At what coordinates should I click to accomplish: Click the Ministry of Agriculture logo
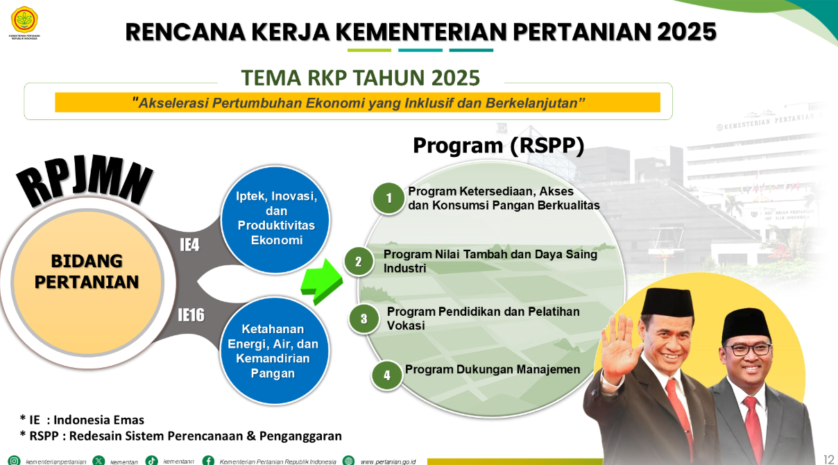coord(24,22)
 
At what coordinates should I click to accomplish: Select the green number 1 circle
coord(388,198)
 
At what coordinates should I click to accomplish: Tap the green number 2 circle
coord(359,262)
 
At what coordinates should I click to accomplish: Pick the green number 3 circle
coord(364,319)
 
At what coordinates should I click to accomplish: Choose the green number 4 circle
coord(387,375)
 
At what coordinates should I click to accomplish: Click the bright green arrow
coord(322,282)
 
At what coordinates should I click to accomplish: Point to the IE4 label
coord(189,245)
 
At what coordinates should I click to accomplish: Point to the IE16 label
coord(191,315)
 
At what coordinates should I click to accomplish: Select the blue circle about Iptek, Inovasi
coord(275,219)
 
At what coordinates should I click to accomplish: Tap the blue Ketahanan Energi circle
coord(273,350)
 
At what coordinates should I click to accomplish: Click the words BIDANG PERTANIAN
coord(87,272)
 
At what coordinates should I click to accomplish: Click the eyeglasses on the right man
coord(746,350)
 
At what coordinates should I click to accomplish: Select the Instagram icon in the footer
coord(14,461)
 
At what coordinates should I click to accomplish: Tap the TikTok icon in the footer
coord(151,461)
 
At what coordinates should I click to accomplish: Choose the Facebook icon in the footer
coord(208,461)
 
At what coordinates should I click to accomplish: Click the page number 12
coord(829,459)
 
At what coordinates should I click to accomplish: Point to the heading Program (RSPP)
coord(498,145)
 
